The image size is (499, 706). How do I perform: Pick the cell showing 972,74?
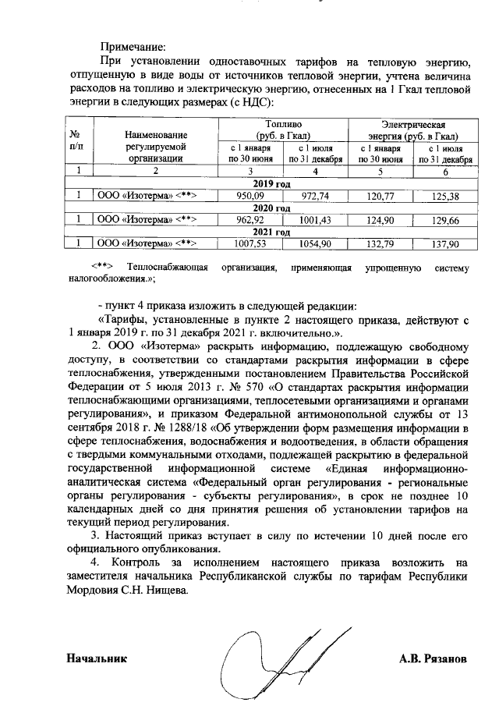(x=315, y=196)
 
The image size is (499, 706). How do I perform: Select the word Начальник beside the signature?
(x=97, y=659)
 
